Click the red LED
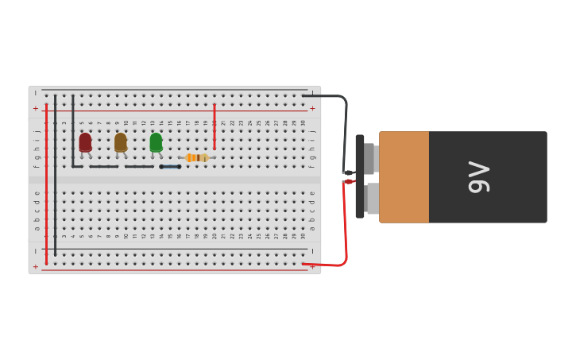click(85, 142)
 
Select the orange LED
click(121, 142)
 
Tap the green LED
click(156, 142)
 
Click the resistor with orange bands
click(196, 157)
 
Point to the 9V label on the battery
click(478, 176)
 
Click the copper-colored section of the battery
click(404, 176)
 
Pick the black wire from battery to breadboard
click(345, 127)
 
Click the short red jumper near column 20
click(214, 126)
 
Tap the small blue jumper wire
click(170, 167)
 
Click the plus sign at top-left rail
click(35, 108)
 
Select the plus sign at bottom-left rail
click(35, 267)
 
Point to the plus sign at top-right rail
click(312, 108)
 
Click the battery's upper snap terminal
click(370, 158)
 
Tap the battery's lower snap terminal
click(372, 198)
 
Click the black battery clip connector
click(360, 176)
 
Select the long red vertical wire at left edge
click(46, 183)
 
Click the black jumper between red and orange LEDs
click(103, 167)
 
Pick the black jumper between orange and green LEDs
click(139, 167)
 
